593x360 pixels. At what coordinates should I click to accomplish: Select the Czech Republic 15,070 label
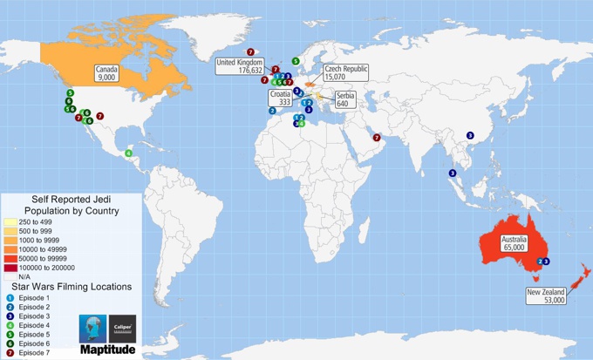tap(346, 72)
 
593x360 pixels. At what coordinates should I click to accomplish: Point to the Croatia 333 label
tap(279, 98)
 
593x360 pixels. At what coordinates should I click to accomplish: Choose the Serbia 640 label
tap(345, 99)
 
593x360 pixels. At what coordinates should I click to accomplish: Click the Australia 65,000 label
tap(514, 242)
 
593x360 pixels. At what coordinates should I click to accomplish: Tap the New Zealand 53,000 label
tap(547, 295)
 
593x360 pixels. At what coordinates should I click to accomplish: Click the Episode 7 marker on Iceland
tap(251, 51)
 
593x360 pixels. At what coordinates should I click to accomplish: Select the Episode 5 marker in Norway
tap(296, 61)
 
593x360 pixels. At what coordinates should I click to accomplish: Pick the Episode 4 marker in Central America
tap(129, 153)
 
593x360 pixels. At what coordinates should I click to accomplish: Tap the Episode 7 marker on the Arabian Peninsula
tap(377, 137)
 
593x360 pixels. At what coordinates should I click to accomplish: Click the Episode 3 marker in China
tap(470, 135)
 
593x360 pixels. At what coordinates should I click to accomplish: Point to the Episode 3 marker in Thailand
tap(453, 173)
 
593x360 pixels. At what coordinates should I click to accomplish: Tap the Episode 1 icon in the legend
tap(10, 298)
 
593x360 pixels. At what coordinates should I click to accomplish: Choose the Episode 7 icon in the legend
tap(10, 353)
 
